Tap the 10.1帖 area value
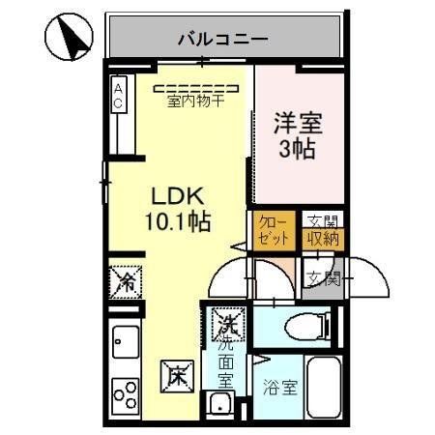[x=180, y=220]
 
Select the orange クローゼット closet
[x=271, y=231]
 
